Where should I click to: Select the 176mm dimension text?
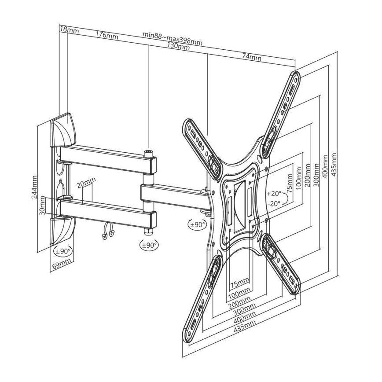click(107, 36)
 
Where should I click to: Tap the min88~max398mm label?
click(173, 39)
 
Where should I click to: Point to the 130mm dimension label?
click(178, 46)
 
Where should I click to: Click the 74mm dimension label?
click(252, 57)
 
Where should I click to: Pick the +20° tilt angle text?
click(274, 193)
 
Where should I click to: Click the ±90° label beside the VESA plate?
click(197, 224)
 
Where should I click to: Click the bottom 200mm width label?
click(240, 303)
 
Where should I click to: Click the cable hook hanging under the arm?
click(107, 231)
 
